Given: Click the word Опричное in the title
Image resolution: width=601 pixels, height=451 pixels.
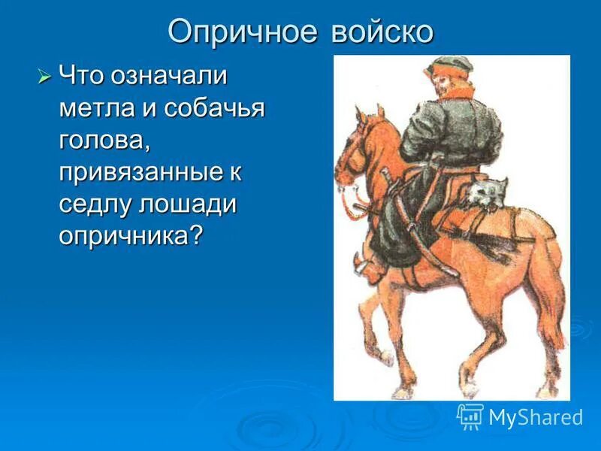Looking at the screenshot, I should click(x=239, y=32).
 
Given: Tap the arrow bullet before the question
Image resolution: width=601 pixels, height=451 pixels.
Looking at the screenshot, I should click(x=44, y=77).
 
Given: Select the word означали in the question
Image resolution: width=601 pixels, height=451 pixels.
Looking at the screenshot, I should click(x=170, y=77).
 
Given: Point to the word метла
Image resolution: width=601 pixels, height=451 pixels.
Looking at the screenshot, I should click(x=94, y=108).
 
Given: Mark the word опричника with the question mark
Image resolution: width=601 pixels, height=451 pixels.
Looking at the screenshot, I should click(x=131, y=236).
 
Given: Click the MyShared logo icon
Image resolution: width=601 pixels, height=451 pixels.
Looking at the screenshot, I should click(x=470, y=416).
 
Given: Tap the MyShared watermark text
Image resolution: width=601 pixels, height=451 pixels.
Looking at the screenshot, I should click(x=536, y=417).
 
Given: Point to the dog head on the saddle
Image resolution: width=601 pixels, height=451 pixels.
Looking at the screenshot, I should click(x=485, y=192).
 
